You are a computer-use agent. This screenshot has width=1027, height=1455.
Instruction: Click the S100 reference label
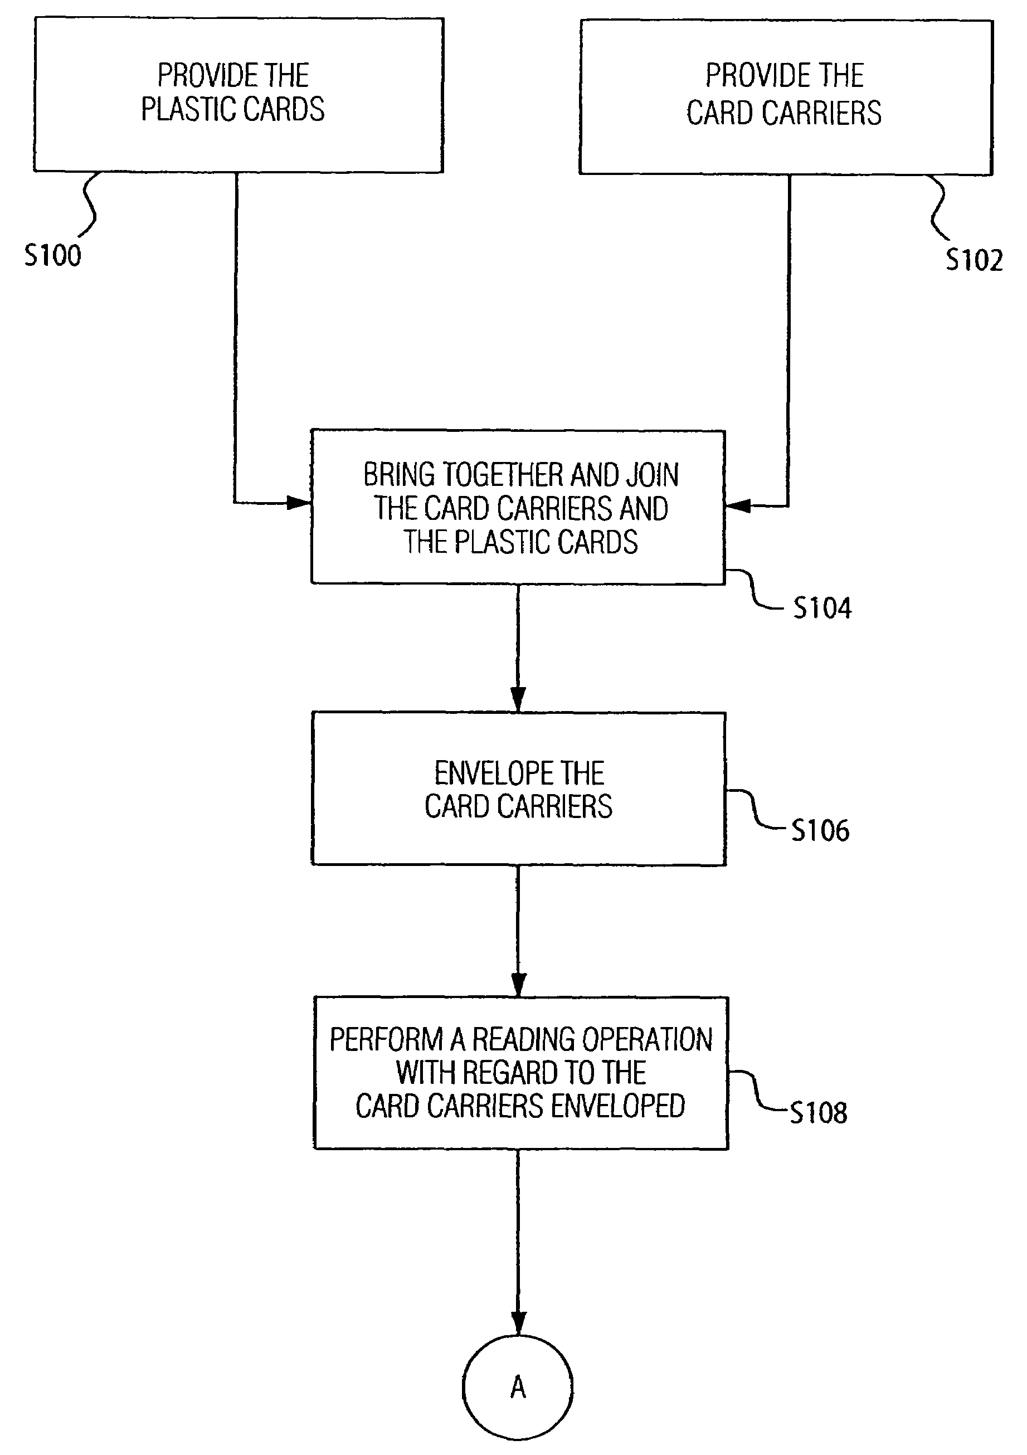point(52,255)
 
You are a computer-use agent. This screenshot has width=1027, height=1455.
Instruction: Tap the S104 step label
point(822,608)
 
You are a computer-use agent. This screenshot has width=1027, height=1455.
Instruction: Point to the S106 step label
point(820,830)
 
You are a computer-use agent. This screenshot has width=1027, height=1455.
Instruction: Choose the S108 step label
point(819,1112)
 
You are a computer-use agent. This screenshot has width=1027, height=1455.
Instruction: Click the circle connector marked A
point(518,1387)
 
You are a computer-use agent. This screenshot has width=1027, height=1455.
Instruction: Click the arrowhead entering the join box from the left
point(299,503)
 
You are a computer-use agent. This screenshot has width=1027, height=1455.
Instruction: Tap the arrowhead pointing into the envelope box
point(518,699)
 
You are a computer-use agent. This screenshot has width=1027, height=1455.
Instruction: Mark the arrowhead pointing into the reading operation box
point(518,984)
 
